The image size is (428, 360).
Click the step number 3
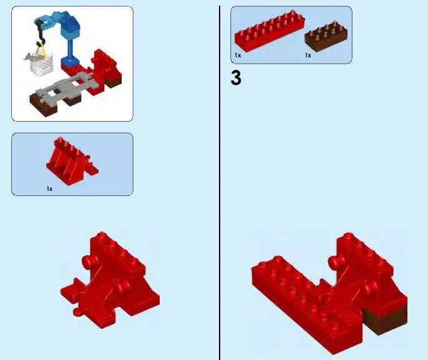click(x=236, y=79)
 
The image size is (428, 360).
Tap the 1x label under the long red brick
click(x=238, y=56)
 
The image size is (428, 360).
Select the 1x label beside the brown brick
click(x=308, y=56)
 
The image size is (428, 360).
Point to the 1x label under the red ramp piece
click(x=49, y=188)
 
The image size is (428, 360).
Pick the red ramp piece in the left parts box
click(x=71, y=158)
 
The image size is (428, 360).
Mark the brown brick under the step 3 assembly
click(x=384, y=321)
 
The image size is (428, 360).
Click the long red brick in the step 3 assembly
click(x=287, y=281)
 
